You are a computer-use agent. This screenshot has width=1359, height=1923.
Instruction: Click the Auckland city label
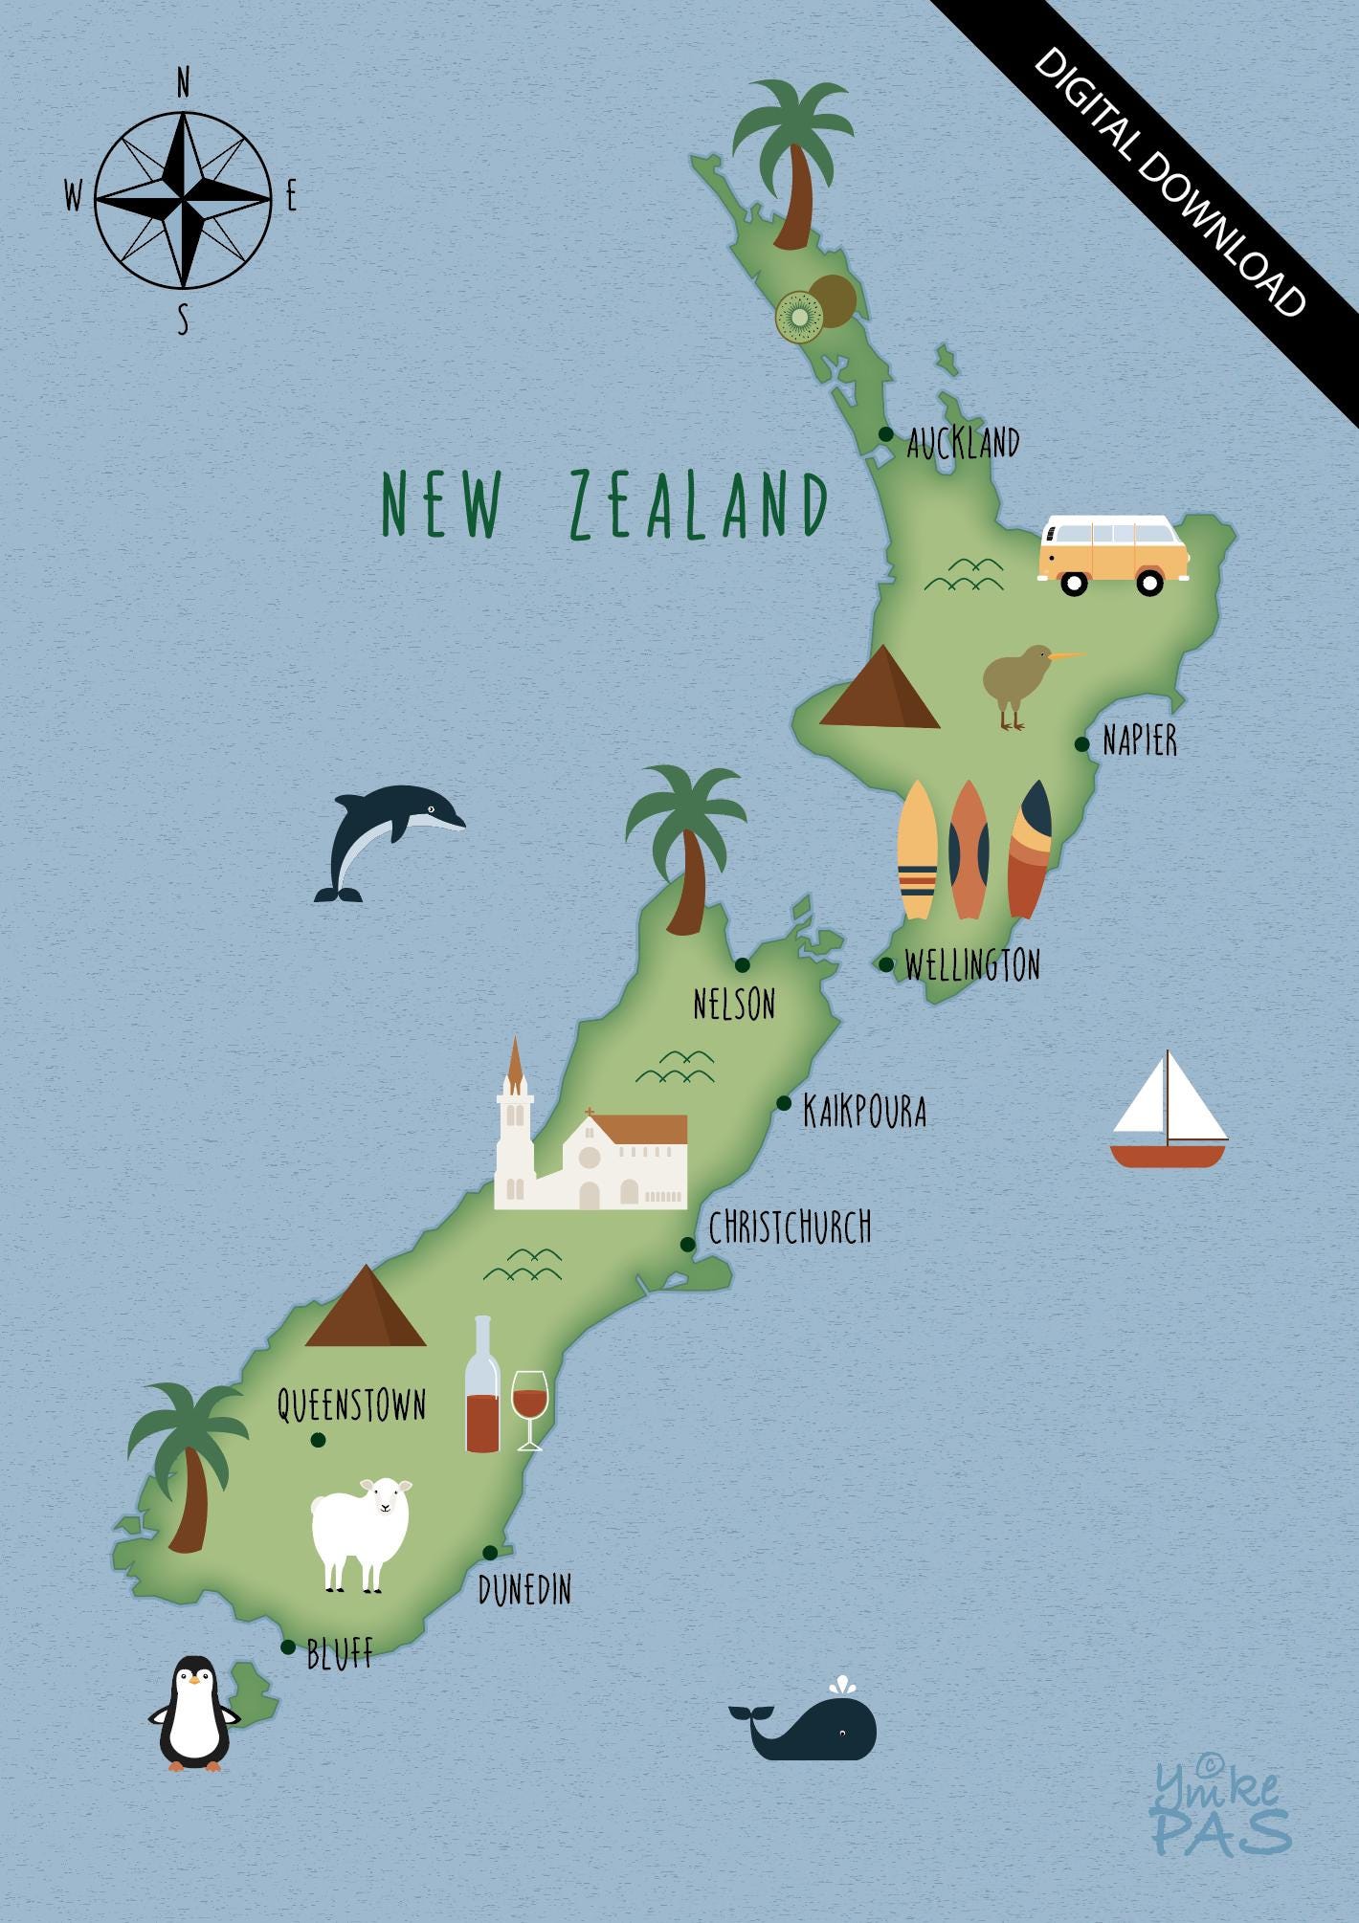tap(963, 443)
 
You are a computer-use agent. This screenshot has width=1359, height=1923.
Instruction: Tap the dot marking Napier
tap(1081, 744)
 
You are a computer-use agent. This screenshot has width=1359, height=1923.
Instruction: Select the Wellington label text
tap(972, 964)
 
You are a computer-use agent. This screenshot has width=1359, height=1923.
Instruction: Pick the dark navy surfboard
tap(1031, 848)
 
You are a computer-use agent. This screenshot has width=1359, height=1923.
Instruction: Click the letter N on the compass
tap(183, 86)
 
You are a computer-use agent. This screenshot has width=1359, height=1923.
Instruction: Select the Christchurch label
tap(790, 1227)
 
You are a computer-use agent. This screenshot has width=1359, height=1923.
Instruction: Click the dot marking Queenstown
tap(318, 1439)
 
